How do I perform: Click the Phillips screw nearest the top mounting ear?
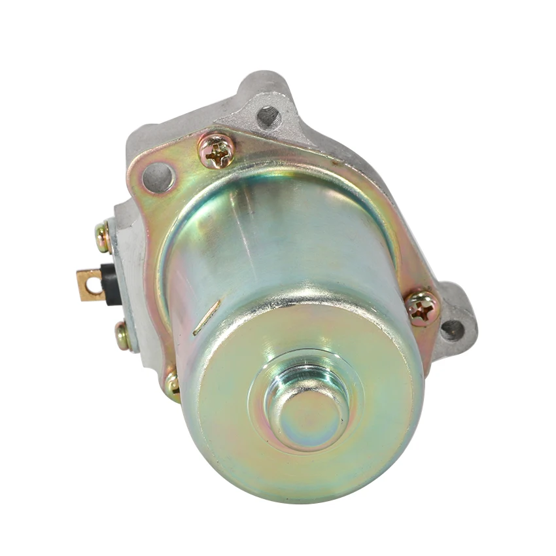click(x=217, y=151)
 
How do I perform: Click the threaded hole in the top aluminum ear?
click(x=268, y=116)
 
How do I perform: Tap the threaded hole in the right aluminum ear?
click(x=452, y=329)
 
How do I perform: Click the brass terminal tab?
click(x=91, y=285)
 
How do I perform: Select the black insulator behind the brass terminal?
click(x=109, y=282)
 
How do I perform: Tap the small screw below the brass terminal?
click(x=122, y=336)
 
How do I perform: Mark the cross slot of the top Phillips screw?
click(x=217, y=151)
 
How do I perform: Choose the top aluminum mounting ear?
click(x=265, y=98)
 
